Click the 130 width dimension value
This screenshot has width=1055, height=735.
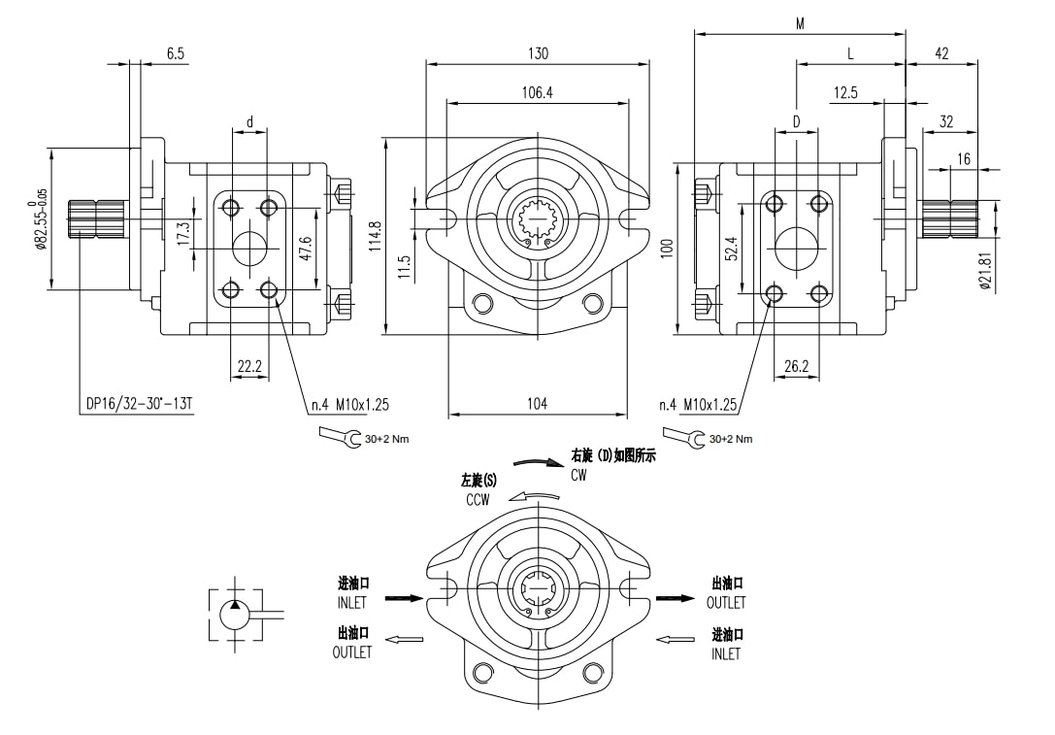pyautogui.click(x=538, y=54)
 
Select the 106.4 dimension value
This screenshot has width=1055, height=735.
pyautogui.click(x=538, y=93)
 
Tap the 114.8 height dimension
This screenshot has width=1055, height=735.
pyautogui.click(x=376, y=236)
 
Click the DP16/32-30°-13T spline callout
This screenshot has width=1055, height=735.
pyautogui.click(x=135, y=404)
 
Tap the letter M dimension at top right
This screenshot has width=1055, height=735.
pyautogui.click(x=800, y=24)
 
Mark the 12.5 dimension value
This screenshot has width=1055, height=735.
pyautogui.click(x=845, y=93)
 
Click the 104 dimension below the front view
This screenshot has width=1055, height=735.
pyautogui.click(x=537, y=404)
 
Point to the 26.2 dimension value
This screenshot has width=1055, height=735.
pyautogui.click(x=797, y=367)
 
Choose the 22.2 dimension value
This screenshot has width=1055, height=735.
pyautogui.click(x=249, y=367)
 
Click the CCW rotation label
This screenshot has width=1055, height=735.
pyautogui.click(x=478, y=499)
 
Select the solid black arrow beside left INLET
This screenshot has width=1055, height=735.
pyautogui.click(x=405, y=598)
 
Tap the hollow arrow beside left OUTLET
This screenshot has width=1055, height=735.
pyautogui.click(x=406, y=639)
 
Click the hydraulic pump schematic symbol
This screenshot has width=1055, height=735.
pyautogui.click(x=236, y=614)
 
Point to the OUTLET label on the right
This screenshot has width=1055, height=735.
pyautogui.click(x=726, y=603)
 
